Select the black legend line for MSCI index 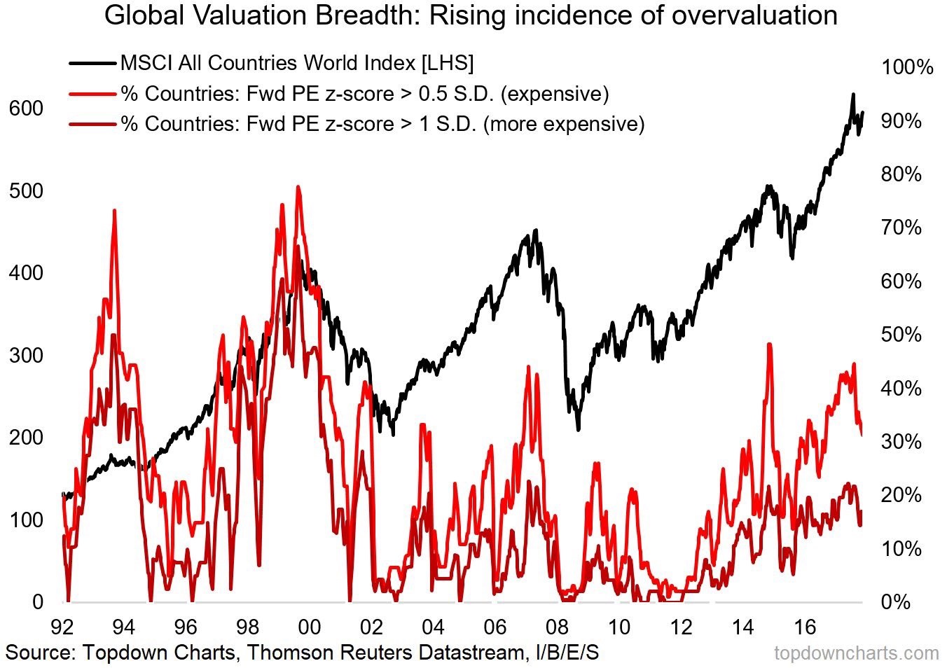pyautogui.click(x=92, y=63)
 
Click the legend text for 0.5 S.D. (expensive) pyautogui.click(x=364, y=93)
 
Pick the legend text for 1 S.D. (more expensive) pyautogui.click(x=382, y=124)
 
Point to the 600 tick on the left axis pyautogui.click(x=26, y=109)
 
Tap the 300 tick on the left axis pyautogui.click(x=26, y=355)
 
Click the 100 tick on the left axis pyautogui.click(x=26, y=520)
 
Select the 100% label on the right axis pyautogui.click(x=907, y=67)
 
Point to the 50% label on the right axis pyautogui.click(x=901, y=335)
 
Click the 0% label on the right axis pyautogui.click(x=896, y=602)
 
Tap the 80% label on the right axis pyautogui.click(x=901, y=174)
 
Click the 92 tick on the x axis pyautogui.click(x=62, y=625)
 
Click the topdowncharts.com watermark pyautogui.click(x=856, y=653)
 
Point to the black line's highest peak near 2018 pyautogui.click(x=852, y=95)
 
